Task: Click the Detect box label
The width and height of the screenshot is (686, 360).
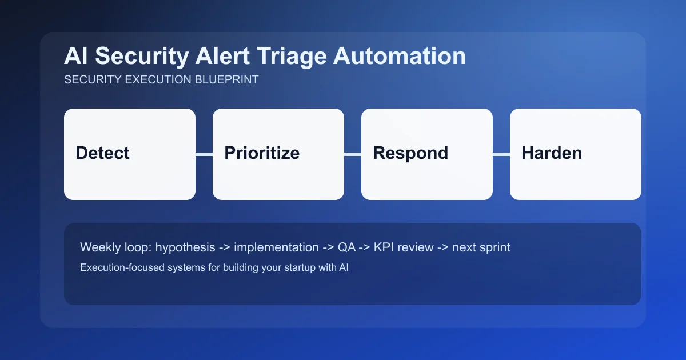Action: [x=102, y=153]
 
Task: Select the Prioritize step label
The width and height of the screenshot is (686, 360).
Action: [x=261, y=153]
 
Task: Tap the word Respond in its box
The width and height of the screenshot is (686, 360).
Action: [x=410, y=153]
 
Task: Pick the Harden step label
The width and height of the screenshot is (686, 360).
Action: [x=551, y=153]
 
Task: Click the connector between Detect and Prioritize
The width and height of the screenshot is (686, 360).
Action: [x=204, y=154]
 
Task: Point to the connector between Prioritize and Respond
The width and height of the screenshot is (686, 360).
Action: [x=353, y=154]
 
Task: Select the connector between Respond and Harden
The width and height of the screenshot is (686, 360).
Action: [x=501, y=154]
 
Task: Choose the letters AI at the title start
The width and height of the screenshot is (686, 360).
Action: [x=76, y=57]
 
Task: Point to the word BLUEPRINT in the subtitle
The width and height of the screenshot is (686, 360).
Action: [x=228, y=79]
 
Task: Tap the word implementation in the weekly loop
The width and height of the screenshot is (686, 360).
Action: [x=276, y=247]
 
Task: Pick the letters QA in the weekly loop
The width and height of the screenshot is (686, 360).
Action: [x=346, y=247]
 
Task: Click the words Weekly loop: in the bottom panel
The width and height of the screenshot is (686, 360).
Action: [x=115, y=247]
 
